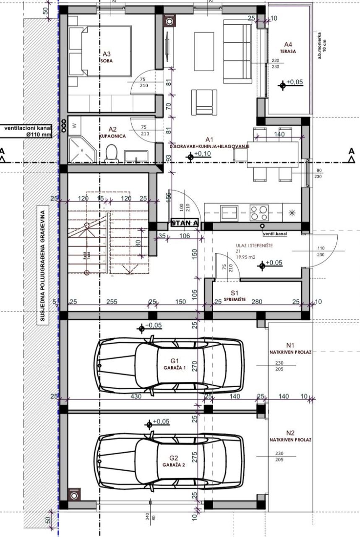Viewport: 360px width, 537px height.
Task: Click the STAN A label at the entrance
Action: (184, 223)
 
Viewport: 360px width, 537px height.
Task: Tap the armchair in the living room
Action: (204, 102)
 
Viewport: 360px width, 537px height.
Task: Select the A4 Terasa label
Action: (288, 47)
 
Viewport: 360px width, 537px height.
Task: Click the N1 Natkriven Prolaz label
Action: (290, 348)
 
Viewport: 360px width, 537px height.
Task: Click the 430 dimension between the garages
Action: (136, 396)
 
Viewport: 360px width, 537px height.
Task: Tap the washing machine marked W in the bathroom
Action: (74, 125)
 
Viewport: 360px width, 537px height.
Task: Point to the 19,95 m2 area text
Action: (245, 258)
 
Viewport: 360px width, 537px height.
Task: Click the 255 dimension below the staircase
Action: (112, 302)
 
